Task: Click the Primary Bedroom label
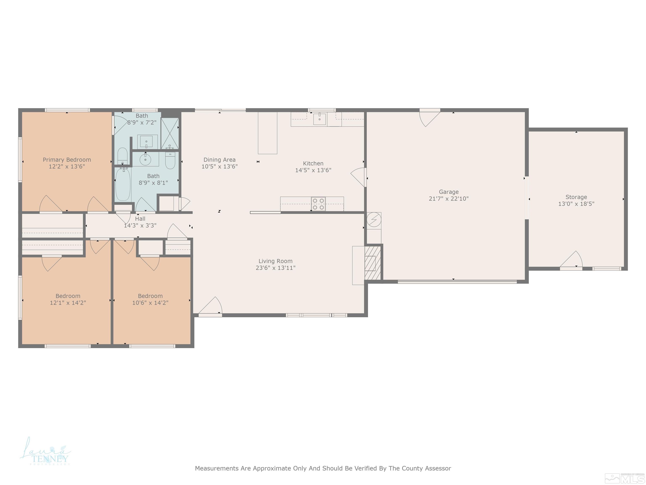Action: pyautogui.click(x=67, y=160)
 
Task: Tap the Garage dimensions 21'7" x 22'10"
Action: pyautogui.click(x=449, y=199)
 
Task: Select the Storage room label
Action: pyautogui.click(x=576, y=197)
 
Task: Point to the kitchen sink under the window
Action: pyautogui.click(x=319, y=119)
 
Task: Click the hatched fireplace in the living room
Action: pyautogui.click(x=373, y=263)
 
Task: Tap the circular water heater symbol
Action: pyautogui.click(x=374, y=220)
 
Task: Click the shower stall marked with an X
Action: pyautogui.click(x=170, y=133)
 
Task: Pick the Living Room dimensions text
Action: pyautogui.click(x=275, y=268)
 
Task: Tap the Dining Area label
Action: pyautogui.click(x=219, y=160)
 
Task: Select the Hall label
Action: pyautogui.click(x=140, y=219)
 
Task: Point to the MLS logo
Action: pyautogui.click(x=625, y=478)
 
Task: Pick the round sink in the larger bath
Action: pyautogui.click(x=145, y=160)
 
